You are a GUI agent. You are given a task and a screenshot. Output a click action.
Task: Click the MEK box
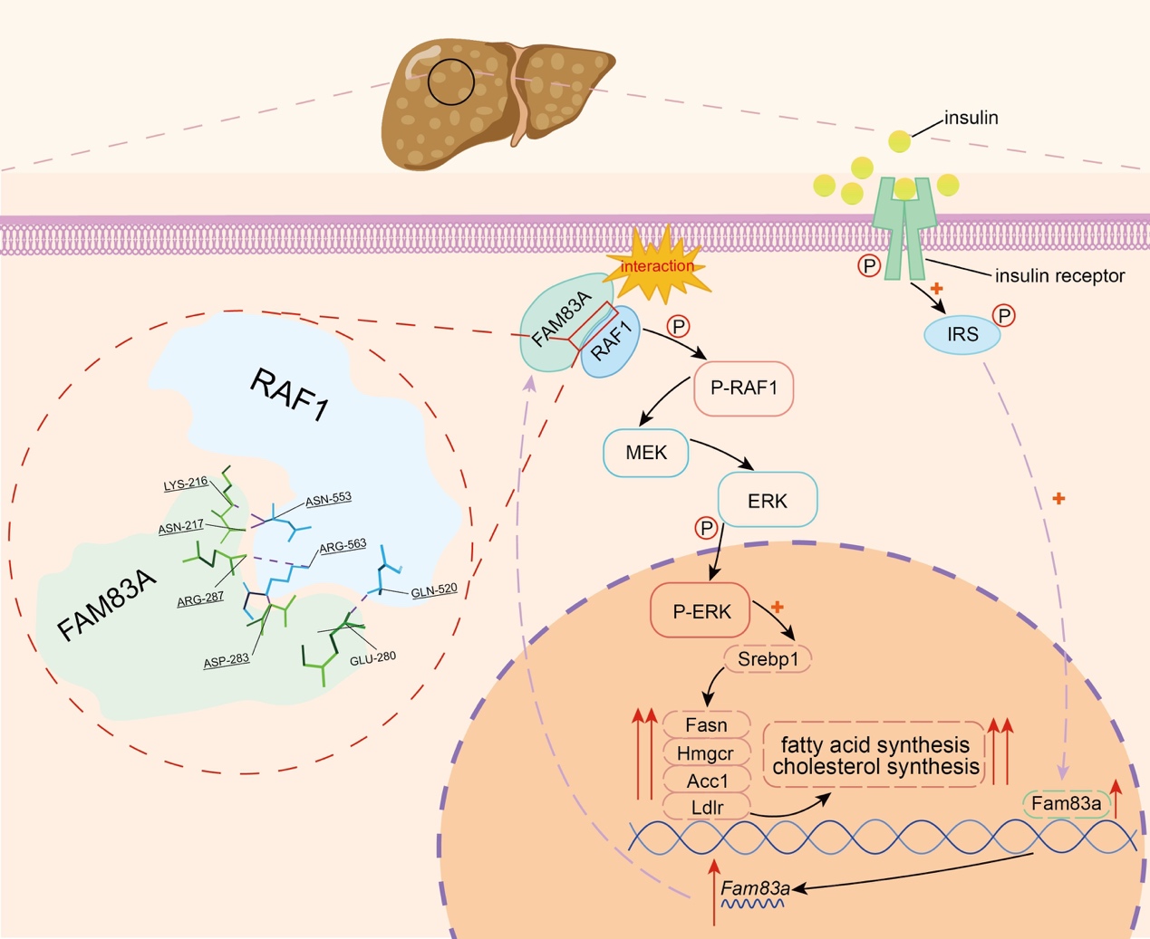646,452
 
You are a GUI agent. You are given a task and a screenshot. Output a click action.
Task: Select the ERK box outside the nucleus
768,501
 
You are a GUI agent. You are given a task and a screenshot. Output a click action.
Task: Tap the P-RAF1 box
744,388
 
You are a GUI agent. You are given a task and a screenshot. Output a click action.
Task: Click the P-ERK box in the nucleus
701,611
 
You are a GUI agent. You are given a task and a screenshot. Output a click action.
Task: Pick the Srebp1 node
768,658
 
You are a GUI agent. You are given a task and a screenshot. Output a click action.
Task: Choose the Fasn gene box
706,725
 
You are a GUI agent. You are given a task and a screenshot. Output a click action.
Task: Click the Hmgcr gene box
706,753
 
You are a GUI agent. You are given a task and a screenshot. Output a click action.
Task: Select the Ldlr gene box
706,806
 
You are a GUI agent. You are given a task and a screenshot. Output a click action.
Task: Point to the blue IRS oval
962,334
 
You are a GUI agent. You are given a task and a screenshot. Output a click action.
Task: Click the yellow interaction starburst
658,266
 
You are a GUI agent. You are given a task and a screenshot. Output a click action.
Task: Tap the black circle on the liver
451,81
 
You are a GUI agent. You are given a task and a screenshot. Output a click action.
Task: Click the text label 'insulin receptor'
1059,275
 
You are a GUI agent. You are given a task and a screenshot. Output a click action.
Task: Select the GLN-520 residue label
434,590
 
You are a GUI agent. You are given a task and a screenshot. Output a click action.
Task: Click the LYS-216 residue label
186,484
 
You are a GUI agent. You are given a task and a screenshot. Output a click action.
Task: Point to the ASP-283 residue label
227,661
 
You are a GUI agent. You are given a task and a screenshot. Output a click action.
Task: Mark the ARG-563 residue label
343,545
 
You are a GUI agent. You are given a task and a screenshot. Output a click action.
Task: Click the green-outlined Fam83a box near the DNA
1066,803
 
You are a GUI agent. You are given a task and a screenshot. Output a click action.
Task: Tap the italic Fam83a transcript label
755,888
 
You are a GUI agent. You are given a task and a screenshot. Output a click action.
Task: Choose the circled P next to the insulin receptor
869,266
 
